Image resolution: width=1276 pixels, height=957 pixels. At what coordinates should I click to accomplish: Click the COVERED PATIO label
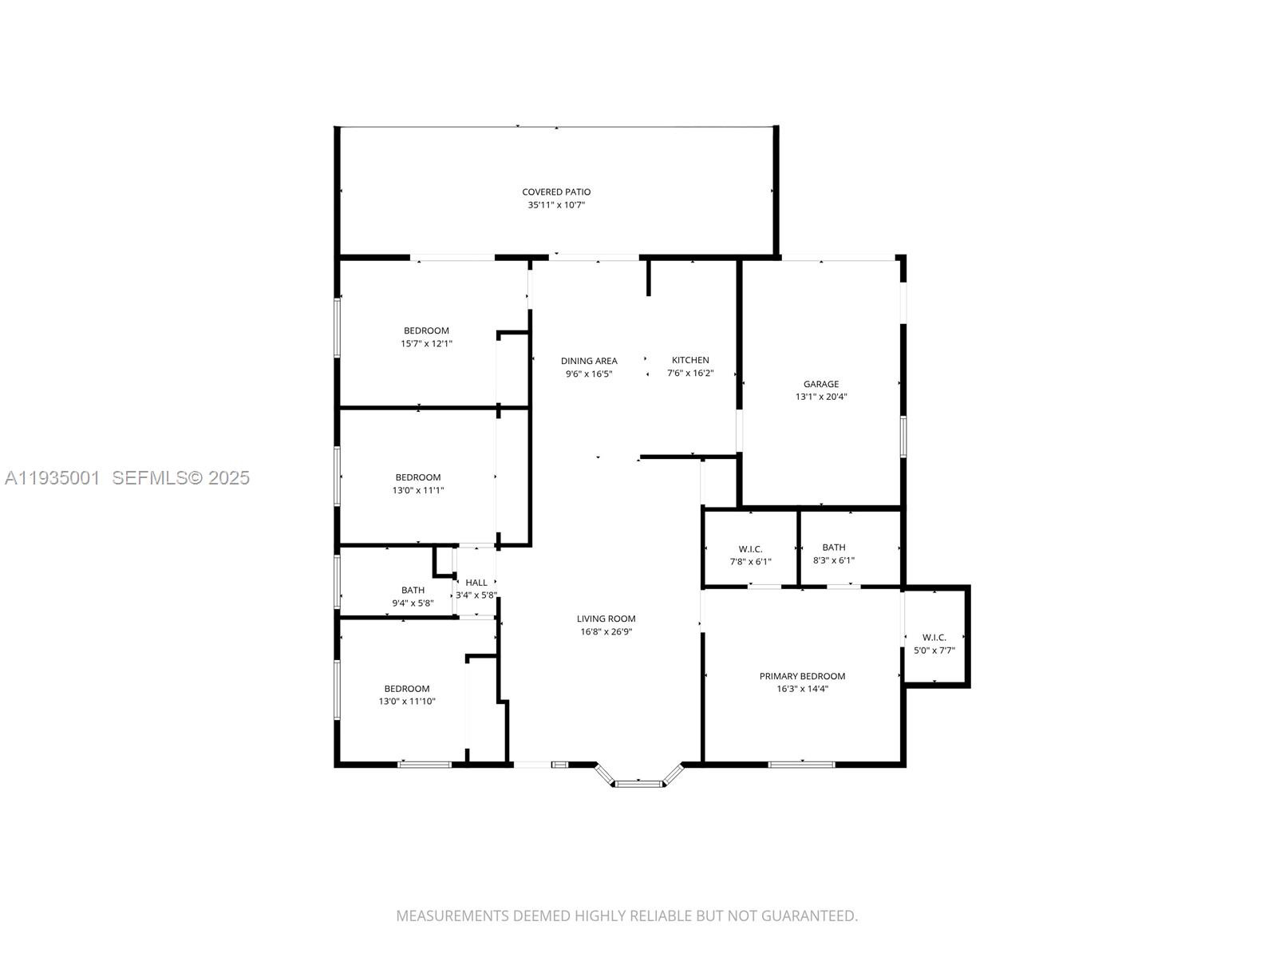tap(555, 192)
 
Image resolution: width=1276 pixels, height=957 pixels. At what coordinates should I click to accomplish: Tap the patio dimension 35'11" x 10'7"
tap(555, 204)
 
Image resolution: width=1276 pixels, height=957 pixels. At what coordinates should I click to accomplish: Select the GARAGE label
tap(821, 384)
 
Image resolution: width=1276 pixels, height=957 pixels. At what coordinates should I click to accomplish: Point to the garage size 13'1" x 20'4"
tap(821, 397)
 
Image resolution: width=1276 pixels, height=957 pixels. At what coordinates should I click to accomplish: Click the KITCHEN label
tap(690, 360)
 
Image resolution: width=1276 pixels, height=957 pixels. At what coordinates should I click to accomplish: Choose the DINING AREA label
tap(589, 361)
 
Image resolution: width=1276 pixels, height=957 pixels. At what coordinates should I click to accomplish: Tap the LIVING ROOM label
tap(606, 619)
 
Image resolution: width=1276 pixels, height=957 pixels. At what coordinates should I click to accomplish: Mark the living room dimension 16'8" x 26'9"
tap(606, 631)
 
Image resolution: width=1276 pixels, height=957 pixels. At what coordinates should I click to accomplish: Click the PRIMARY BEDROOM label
tap(802, 676)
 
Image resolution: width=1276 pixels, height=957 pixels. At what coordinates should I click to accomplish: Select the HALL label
tap(476, 583)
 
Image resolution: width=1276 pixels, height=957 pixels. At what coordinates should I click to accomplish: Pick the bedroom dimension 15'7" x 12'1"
tap(426, 344)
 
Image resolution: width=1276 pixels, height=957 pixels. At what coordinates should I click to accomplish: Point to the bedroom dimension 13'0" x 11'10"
tap(406, 701)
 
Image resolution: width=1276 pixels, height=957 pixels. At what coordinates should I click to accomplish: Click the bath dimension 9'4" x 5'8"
tap(413, 603)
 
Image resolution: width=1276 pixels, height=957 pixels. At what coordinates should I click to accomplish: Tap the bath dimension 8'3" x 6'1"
tap(833, 560)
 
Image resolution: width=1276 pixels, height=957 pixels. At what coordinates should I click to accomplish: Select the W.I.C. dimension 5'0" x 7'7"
tap(934, 651)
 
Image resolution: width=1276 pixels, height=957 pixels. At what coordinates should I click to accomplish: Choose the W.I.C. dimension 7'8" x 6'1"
tap(750, 562)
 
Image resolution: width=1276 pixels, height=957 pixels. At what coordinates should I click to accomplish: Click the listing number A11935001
tap(53, 478)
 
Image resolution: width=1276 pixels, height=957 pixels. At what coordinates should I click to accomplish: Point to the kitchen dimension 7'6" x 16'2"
tap(690, 374)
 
